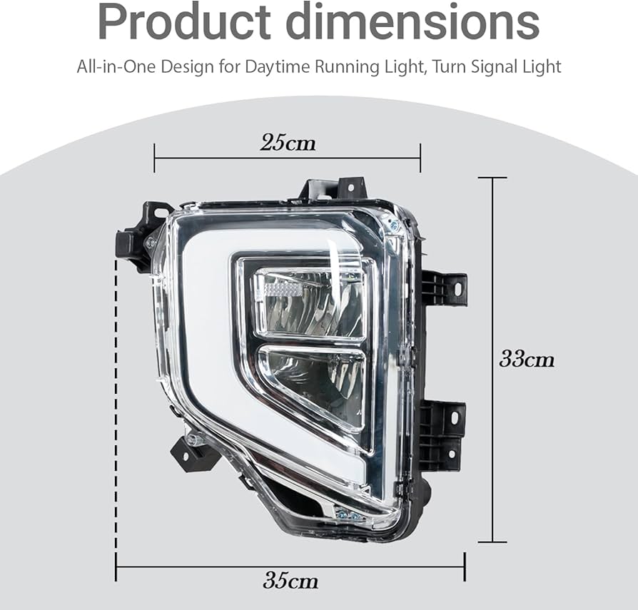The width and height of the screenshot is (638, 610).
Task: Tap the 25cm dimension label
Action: [288, 143]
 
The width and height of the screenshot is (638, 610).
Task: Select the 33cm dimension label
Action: [526, 359]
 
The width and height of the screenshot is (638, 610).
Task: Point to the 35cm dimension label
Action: [290, 581]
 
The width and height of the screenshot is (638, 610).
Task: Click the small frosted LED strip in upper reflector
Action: [281, 290]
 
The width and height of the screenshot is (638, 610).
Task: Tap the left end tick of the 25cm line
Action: [154, 158]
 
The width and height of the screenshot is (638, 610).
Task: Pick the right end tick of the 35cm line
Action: [465, 567]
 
